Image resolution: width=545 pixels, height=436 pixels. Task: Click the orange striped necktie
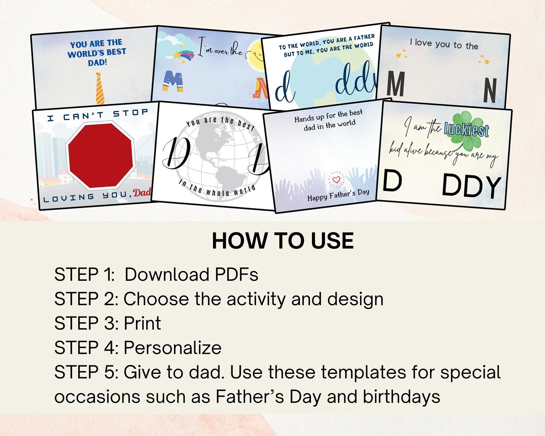pos(100,89)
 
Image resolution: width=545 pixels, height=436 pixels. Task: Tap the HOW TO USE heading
pos(282,241)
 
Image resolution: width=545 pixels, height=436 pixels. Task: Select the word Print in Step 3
pos(142,323)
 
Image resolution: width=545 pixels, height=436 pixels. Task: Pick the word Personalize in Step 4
pos(172,348)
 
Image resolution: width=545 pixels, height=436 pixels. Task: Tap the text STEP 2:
pos(86,299)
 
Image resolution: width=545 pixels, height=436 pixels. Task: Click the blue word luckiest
pos(466,130)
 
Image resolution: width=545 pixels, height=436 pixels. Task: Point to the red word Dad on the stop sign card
pos(142,193)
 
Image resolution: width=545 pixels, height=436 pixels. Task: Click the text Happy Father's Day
pos(338,195)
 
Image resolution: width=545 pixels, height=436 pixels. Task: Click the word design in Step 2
pos(355,299)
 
